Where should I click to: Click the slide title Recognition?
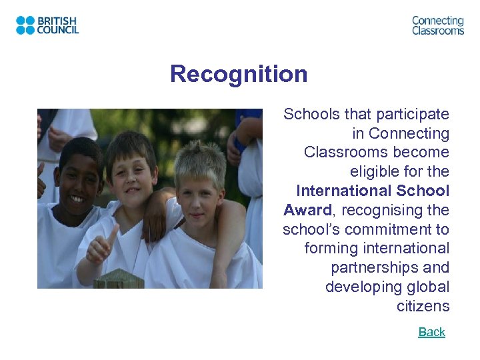click(x=239, y=74)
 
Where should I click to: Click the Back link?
click(x=431, y=332)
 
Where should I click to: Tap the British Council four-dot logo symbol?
click(x=25, y=25)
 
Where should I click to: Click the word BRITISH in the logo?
click(x=58, y=21)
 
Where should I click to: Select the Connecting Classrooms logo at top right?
click(x=437, y=25)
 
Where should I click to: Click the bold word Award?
click(x=307, y=211)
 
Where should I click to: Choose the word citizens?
click(x=423, y=307)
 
